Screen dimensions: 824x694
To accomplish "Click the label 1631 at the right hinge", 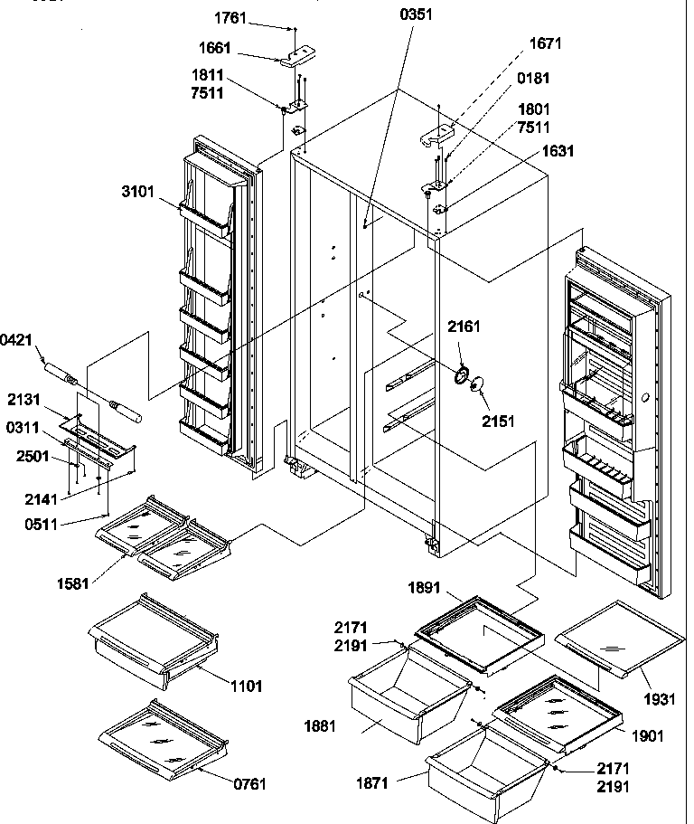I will tap(558, 152).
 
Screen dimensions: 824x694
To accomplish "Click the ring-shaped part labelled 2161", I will tap(462, 371).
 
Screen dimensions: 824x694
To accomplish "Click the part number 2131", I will tap(23, 398).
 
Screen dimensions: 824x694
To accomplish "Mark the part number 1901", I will tap(647, 735).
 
